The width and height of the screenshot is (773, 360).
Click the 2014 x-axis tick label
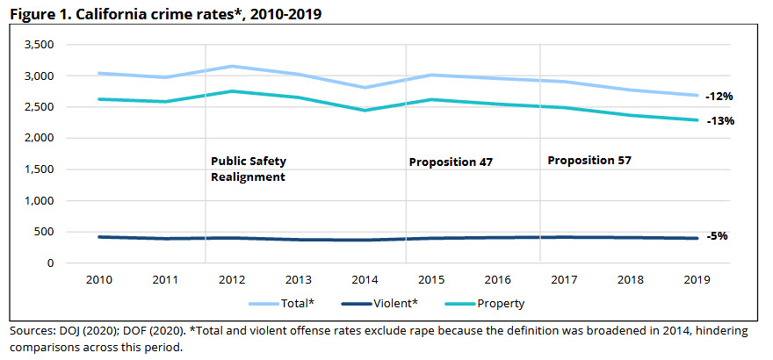click(x=364, y=279)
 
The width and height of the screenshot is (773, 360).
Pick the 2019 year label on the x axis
click(x=696, y=279)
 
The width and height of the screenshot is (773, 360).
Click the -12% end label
click(x=719, y=97)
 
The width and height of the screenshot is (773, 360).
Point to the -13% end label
click(x=719, y=121)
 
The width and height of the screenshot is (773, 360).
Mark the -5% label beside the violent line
click(x=717, y=236)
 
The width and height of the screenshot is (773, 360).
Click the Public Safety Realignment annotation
click(x=249, y=169)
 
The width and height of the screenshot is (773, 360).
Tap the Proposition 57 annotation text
click(x=589, y=161)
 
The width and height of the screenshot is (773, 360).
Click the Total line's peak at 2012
click(x=230, y=67)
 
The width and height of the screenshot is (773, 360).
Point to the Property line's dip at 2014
click(x=364, y=110)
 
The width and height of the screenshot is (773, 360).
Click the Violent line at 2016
click(x=496, y=237)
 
